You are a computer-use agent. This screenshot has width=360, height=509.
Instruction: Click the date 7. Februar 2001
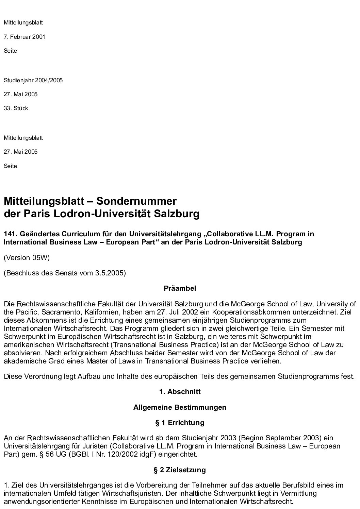pyautogui.click(x=24, y=37)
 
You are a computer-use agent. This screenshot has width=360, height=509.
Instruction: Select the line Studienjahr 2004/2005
pyautogui.click(x=33, y=81)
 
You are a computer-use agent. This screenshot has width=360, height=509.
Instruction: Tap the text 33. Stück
pyautogui.click(x=16, y=108)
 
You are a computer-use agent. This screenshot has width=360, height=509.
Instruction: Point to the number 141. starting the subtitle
pyautogui.click(x=10, y=234)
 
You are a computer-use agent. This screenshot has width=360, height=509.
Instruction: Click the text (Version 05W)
pyautogui.click(x=27, y=258)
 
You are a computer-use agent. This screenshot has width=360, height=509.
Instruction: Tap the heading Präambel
pyautogui.click(x=180, y=288)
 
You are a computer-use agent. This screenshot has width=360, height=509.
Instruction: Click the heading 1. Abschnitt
pyautogui.click(x=180, y=392)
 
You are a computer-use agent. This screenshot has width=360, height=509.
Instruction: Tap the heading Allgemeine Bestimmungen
pyautogui.click(x=180, y=407)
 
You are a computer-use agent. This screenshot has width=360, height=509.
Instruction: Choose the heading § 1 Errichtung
pyautogui.click(x=180, y=423)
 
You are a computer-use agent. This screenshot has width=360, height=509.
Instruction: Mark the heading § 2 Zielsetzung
pyautogui.click(x=180, y=470)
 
